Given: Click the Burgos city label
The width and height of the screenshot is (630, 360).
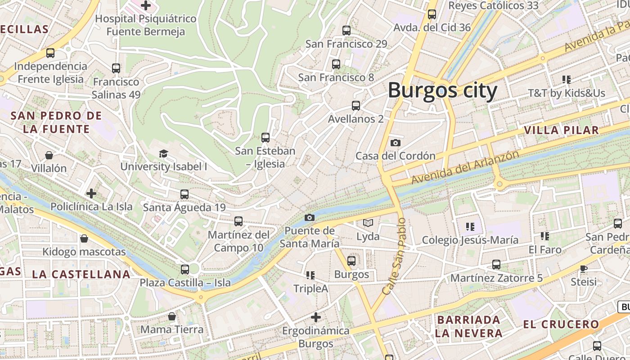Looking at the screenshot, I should click(442, 90).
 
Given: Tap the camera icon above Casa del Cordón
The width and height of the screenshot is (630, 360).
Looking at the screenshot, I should click(396, 143).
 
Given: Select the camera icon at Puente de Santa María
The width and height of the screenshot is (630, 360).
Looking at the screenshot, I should click(310, 217).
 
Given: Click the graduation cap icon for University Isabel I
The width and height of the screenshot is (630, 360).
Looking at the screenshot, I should click(163, 153).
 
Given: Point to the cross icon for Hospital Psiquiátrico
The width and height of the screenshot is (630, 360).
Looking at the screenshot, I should click(146, 5).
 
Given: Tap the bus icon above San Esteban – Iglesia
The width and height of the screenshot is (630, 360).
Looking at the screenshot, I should click(265, 137).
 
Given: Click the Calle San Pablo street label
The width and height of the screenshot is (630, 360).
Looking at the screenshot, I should click(394, 257).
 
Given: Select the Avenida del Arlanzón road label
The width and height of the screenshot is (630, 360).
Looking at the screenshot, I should click(465, 167).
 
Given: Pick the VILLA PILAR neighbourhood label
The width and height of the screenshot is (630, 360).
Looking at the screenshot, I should click(561, 130).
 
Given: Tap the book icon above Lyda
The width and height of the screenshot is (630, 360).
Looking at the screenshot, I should click(368, 223).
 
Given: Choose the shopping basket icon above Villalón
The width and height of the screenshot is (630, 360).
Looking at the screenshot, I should click(49, 155).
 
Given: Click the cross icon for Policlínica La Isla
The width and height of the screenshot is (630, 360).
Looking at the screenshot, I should click(91, 193).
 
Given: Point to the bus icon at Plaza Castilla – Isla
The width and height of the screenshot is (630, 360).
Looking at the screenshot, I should click(184, 269).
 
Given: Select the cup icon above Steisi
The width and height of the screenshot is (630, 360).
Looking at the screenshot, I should click(584, 269).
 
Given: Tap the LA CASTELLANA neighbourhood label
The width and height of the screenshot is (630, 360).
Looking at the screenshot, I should click(81, 274).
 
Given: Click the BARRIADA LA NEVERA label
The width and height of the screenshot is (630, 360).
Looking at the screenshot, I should click(468, 326).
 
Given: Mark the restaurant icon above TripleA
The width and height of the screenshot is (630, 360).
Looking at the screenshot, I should click(310, 274).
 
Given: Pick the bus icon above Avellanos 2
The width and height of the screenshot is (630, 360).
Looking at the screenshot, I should click(356, 106).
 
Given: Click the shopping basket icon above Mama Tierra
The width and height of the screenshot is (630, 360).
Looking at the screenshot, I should click(171, 316).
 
